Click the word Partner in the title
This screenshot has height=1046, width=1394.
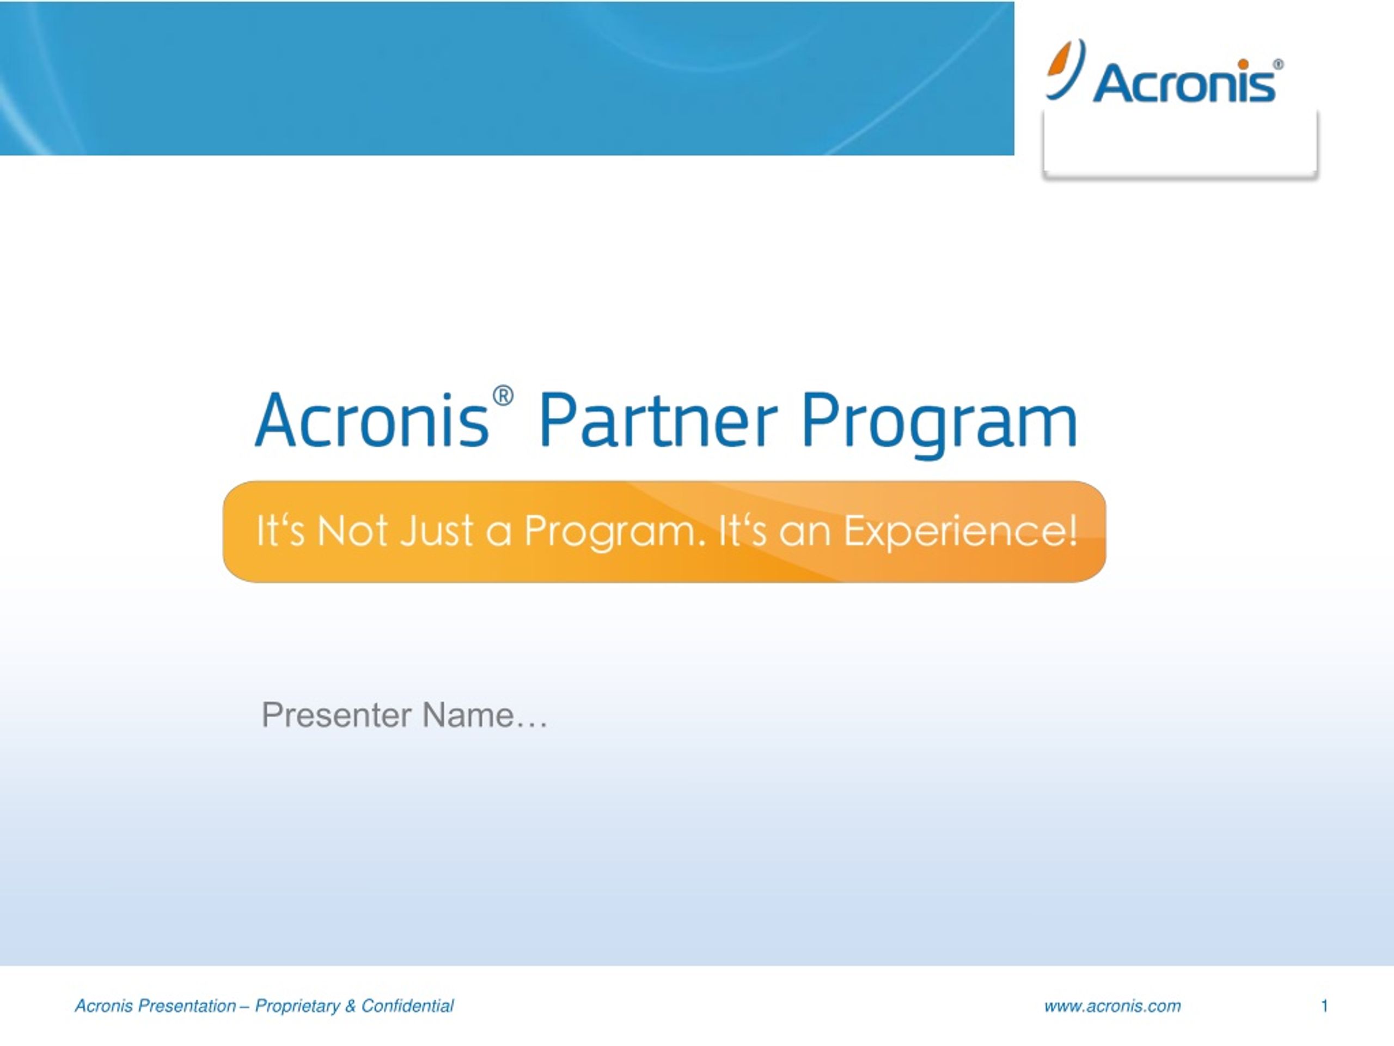(658, 419)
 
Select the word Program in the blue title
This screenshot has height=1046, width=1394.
(939, 424)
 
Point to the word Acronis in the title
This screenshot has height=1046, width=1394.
(372, 419)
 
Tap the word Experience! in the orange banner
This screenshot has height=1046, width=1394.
(961, 532)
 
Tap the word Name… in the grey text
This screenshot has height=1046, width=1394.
(485, 715)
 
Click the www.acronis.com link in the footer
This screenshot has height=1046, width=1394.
(1112, 1006)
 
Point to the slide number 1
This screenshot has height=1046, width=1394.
(1325, 1006)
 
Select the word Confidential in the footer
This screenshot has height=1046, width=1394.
(407, 1006)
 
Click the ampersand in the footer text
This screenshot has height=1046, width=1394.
(350, 1006)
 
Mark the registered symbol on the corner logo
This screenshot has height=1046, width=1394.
(1278, 64)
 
